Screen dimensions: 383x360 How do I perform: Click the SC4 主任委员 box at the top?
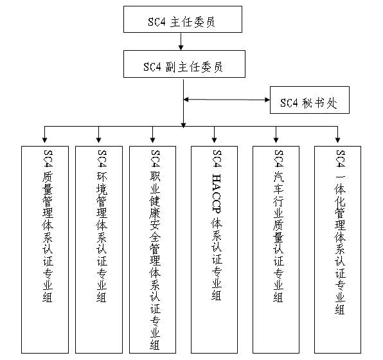point(183,19)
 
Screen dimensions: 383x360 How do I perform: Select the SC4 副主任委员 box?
point(184,64)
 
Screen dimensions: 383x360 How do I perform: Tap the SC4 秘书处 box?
point(310,100)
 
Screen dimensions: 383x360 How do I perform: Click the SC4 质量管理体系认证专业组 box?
point(45,249)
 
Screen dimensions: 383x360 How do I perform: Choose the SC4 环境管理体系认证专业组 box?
point(99,249)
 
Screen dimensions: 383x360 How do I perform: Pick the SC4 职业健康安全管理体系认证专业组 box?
point(153,249)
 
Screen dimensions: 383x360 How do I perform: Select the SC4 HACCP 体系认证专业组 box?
point(214,249)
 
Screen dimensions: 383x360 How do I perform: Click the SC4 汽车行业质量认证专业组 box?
point(276,249)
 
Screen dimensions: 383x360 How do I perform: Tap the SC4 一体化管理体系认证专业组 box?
point(337,249)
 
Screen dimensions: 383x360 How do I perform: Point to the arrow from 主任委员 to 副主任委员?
point(181,42)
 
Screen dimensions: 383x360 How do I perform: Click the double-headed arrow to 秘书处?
point(227,100)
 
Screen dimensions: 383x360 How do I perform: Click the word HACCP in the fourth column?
point(217,194)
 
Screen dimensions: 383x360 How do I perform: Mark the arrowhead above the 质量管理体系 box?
point(44,140)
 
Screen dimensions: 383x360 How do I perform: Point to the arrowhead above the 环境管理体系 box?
point(99,140)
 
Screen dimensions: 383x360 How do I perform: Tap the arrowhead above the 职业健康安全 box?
point(152,140)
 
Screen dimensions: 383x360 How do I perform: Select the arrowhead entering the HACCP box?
point(214,140)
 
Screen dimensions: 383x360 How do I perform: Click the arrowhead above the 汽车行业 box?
point(276,140)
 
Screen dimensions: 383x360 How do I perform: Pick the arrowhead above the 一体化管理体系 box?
point(337,140)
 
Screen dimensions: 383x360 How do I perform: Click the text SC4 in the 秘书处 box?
point(289,103)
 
